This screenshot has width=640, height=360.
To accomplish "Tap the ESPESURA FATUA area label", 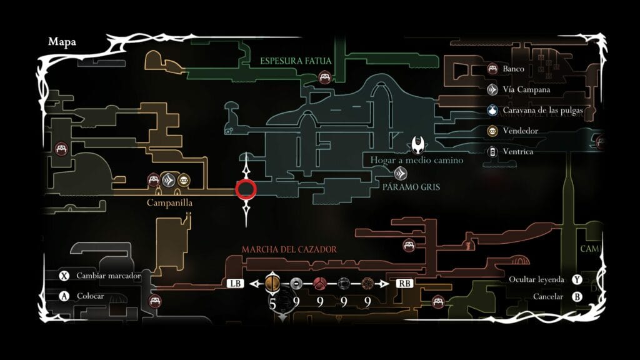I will [296, 61].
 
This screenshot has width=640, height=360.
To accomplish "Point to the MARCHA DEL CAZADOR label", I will [289, 249].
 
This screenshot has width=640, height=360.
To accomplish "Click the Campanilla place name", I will [169, 203].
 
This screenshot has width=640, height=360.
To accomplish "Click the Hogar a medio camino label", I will [416, 161].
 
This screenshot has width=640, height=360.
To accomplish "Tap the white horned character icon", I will [418, 144].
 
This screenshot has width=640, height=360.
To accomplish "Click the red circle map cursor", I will [246, 189].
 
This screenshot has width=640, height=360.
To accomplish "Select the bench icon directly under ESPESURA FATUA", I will [324, 77].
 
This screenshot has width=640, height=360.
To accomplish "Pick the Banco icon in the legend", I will [492, 69].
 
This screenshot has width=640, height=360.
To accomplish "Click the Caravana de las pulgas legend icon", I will [492, 111].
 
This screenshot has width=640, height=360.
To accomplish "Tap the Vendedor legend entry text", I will [520, 131].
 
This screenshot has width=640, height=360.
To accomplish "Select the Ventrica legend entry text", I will [518, 151].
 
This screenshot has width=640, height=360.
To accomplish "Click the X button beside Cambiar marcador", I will [64, 276].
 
